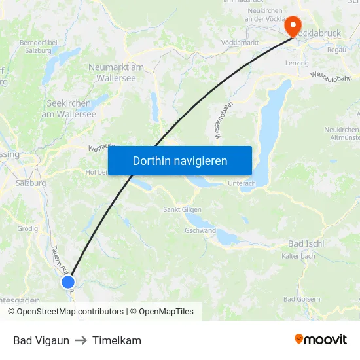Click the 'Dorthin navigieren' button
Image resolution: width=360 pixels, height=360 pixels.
click(x=180, y=160)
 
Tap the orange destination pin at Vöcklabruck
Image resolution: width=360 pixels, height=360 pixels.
click(x=293, y=26)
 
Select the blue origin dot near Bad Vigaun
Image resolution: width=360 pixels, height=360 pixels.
click(x=68, y=282)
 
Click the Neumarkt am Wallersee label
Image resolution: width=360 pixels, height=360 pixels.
click(x=116, y=72)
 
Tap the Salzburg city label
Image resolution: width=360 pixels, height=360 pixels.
click(x=31, y=183)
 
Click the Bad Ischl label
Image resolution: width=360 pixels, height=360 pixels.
click(x=306, y=243)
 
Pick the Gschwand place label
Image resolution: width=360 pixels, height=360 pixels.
click(x=200, y=231)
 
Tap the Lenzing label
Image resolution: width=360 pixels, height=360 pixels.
click(x=297, y=63)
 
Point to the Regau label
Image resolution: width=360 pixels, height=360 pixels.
click(x=336, y=50)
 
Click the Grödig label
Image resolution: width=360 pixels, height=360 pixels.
click(x=27, y=229)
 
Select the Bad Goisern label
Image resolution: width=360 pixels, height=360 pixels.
click(x=302, y=299)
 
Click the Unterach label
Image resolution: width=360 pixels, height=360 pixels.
click(x=242, y=183)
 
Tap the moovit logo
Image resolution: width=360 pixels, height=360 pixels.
click(x=320, y=339)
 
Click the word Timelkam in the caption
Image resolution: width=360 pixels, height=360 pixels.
click(x=117, y=340)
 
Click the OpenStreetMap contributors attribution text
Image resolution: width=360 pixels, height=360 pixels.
click(x=70, y=312)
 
